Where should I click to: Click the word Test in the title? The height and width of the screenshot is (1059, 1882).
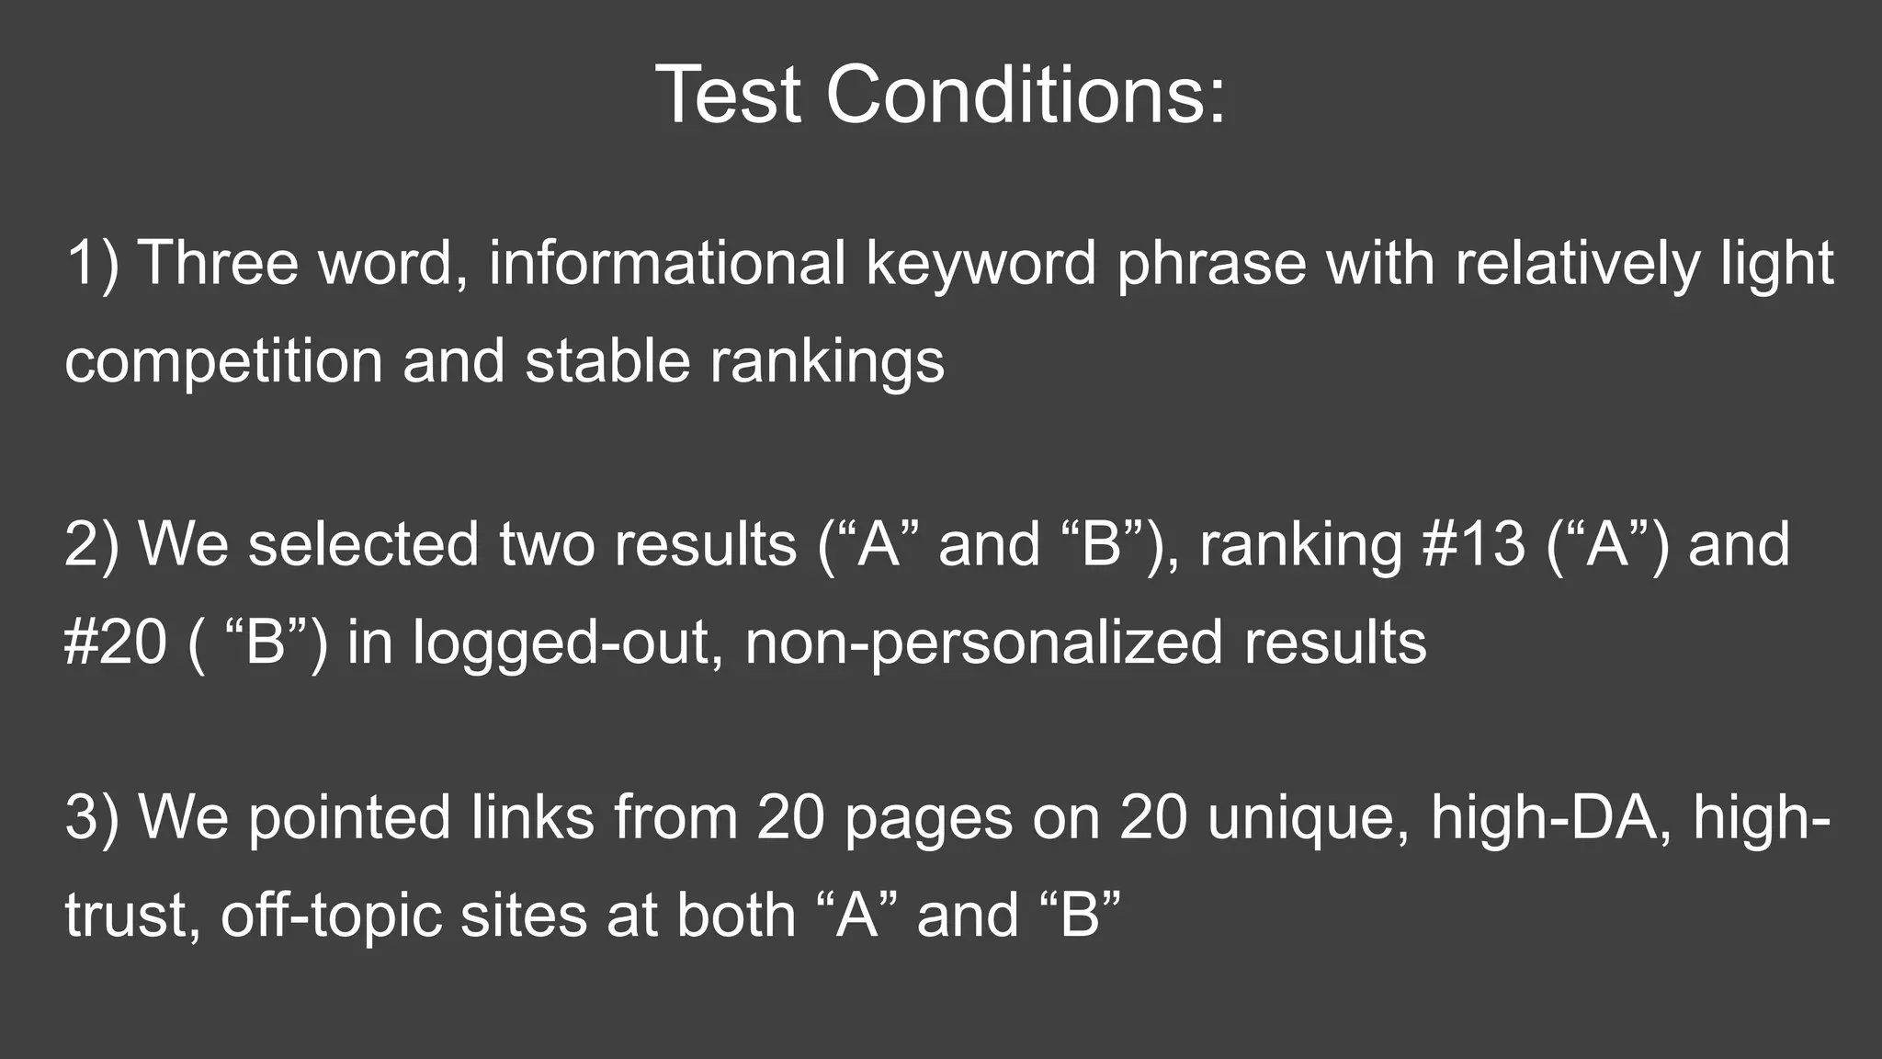pos(728,95)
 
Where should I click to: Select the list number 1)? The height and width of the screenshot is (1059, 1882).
pos(92,264)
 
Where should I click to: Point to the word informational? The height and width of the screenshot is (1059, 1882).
pos(666,264)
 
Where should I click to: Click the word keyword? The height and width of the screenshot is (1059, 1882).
pos(981,264)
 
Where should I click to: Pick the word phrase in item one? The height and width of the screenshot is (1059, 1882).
pos(1211,264)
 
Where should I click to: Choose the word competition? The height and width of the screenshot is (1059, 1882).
pos(223,360)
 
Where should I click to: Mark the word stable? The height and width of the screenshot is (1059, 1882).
pos(607,360)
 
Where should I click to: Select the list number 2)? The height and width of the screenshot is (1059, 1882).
pos(92,544)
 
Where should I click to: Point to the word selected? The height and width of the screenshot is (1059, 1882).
pos(364,544)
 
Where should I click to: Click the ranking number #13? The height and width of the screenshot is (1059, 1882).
pos(1474,544)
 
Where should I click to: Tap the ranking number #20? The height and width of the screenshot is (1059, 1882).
pos(117,642)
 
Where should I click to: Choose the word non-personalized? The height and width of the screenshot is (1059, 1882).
pos(984,642)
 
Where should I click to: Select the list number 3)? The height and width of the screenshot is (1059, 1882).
pos(92,817)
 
